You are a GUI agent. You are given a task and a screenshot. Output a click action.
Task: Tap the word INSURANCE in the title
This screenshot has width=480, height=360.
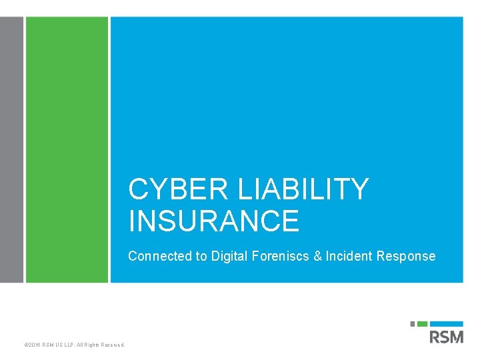(214, 221)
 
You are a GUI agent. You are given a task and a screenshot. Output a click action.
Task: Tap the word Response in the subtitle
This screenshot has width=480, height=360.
(406, 256)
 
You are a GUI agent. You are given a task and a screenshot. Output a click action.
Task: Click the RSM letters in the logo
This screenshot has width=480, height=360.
(447, 337)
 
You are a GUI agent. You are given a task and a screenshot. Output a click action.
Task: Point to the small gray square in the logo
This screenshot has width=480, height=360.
(413, 324)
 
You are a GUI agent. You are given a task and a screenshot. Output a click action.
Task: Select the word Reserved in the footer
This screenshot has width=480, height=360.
(112, 345)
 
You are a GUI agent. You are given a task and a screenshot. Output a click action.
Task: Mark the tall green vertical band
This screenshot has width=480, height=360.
(67, 150)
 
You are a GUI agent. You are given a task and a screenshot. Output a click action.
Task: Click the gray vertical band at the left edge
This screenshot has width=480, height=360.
(11, 150)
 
